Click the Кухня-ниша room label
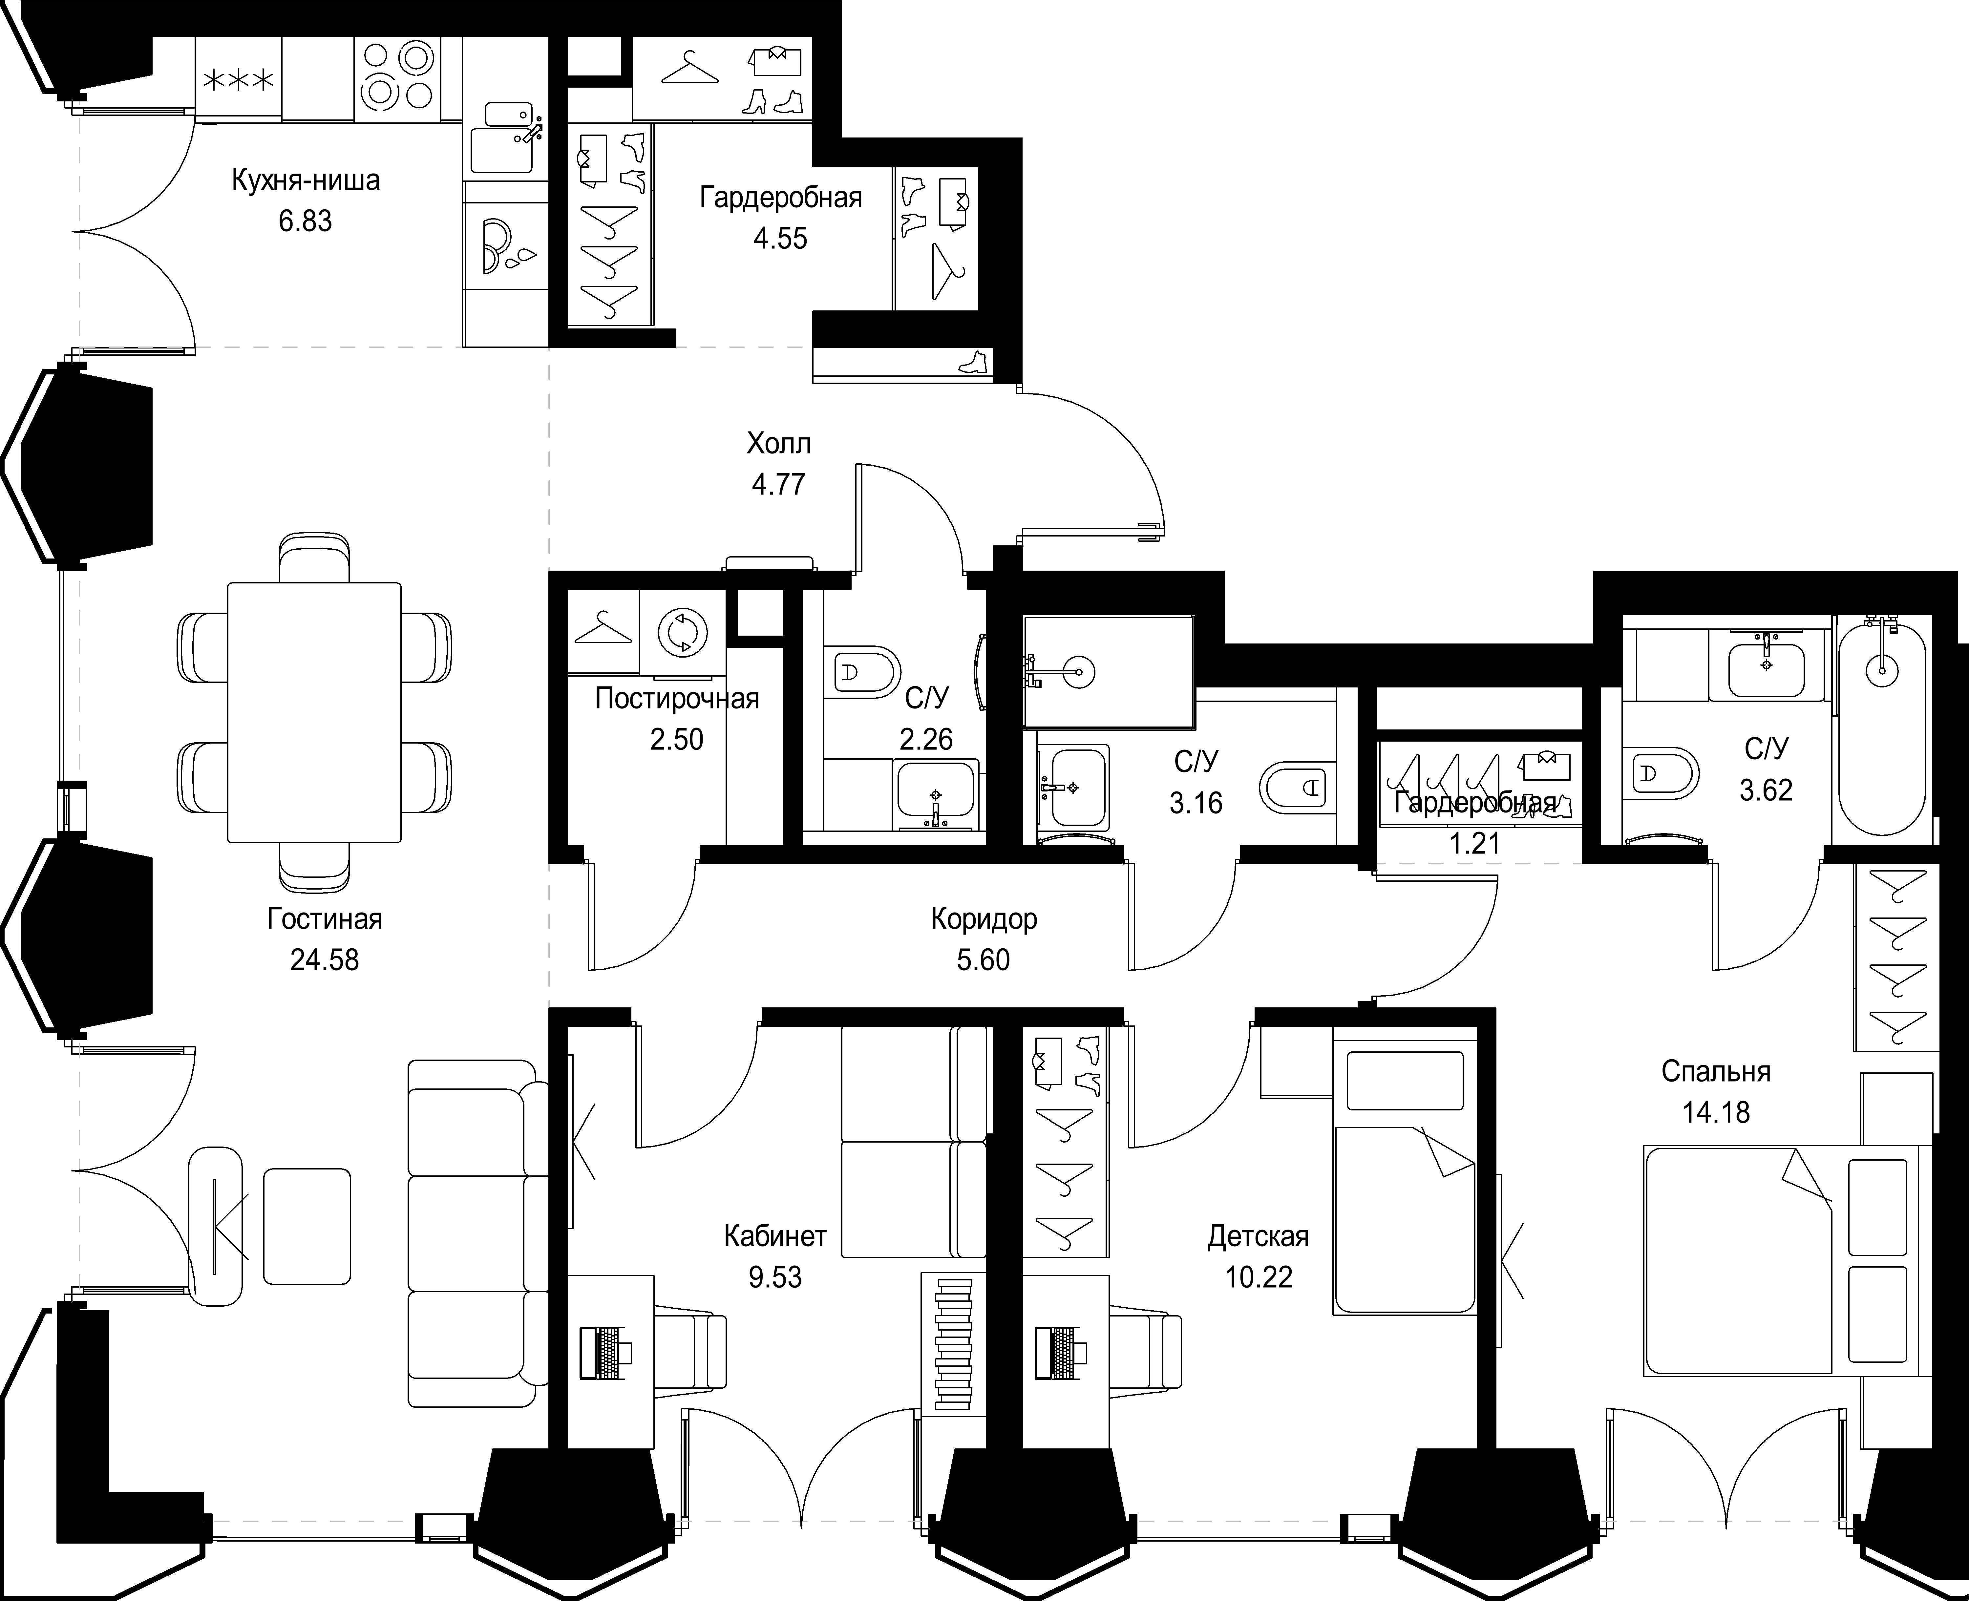point(305,180)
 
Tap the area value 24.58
point(325,960)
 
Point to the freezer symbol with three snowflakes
point(238,81)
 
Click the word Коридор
point(984,919)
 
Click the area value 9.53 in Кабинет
point(775,1277)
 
